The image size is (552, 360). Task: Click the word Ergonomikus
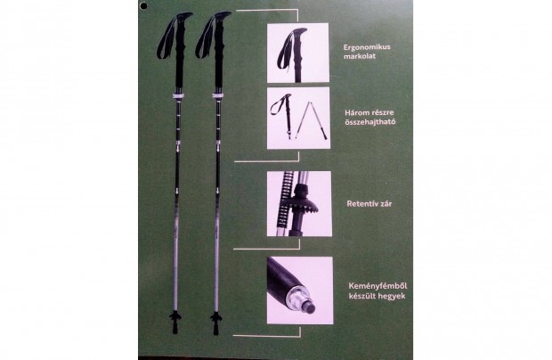click(x=367, y=47)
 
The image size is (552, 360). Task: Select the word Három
click(x=356, y=112)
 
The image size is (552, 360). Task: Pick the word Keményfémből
click(x=377, y=286)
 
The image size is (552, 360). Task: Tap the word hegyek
click(x=392, y=296)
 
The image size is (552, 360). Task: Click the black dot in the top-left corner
click(x=143, y=5)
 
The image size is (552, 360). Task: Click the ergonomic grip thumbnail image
click(x=298, y=53)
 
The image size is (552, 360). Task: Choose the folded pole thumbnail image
click(x=298, y=118)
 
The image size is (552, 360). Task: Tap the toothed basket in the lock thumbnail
click(x=304, y=203)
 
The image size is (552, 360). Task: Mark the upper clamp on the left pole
click(x=178, y=97)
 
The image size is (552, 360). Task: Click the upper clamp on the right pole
click(x=218, y=97)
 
